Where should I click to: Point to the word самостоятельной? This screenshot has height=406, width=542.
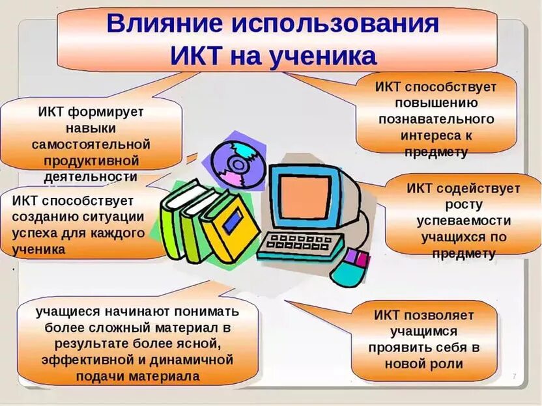(91, 144)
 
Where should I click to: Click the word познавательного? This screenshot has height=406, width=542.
(436, 119)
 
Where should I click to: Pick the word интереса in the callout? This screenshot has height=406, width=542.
(429, 136)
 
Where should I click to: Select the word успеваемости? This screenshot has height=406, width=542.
(463, 221)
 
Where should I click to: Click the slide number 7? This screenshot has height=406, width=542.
(514, 377)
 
